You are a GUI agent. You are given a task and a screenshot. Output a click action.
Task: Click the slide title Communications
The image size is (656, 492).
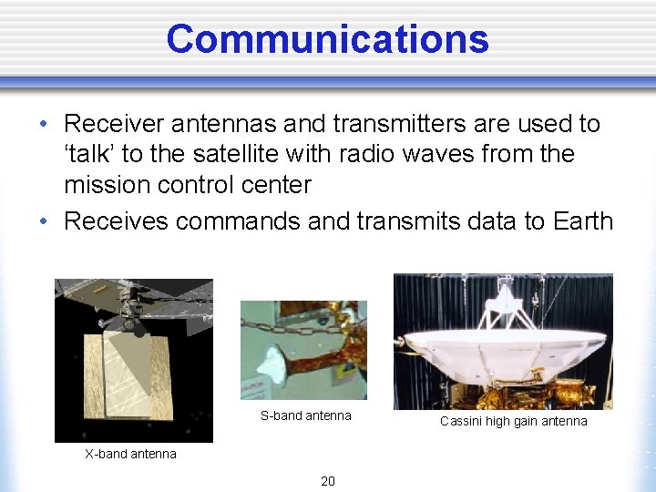click(327, 39)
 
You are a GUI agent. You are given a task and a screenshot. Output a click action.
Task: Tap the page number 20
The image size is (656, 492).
click(327, 481)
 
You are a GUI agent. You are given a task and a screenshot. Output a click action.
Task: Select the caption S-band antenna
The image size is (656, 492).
click(305, 415)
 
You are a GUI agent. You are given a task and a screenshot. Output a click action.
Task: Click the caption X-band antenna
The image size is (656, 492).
click(130, 454)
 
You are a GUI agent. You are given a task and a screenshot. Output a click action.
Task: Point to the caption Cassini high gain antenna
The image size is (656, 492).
click(513, 421)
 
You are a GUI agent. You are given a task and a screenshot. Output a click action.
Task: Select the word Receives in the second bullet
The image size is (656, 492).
click(118, 220)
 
